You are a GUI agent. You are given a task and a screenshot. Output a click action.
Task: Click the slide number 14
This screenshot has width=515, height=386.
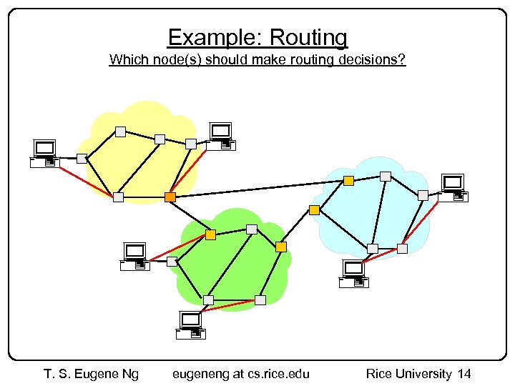click(464, 373)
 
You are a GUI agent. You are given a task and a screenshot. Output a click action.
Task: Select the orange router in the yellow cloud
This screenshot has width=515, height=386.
click(170, 197)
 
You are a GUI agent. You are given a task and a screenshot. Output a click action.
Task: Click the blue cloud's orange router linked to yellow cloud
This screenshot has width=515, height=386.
click(348, 181)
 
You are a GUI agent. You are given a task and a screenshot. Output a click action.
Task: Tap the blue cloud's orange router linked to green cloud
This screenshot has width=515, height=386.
click(314, 210)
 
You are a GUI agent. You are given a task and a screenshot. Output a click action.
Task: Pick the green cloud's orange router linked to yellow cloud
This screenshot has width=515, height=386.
click(210, 234)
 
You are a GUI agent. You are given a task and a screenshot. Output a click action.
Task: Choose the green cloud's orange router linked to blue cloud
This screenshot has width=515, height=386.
click(281, 247)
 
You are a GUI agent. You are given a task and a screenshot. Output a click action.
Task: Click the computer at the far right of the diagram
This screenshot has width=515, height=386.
click(453, 187)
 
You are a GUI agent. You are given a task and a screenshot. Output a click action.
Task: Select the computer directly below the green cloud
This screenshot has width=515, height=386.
click(191, 325)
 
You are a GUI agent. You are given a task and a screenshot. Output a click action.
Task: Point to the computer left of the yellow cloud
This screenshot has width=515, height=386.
click(45, 153)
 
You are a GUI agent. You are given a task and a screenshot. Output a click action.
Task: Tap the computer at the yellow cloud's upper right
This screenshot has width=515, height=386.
click(222, 136)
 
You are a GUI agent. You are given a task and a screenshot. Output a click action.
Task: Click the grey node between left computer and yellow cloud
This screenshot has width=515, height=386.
click(82, 158)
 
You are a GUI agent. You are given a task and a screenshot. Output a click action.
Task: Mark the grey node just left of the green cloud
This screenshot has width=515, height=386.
click(172, 262)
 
